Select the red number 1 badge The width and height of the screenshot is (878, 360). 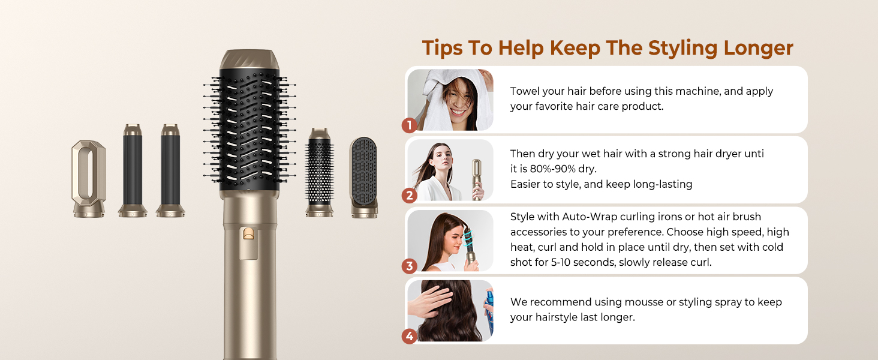pos(409,125)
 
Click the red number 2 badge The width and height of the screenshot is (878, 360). pos(409,195)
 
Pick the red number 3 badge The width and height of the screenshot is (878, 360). pos(409,266)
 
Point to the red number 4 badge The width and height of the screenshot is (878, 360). pos(409,336)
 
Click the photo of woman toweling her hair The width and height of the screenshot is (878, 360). pos(450,100)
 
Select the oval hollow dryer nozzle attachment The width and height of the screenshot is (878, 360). pos(89,179)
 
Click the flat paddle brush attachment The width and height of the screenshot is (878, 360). pos(364,177)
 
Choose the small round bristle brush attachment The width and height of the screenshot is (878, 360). pos(320,172)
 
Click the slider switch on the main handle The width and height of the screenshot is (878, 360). pos(248,234)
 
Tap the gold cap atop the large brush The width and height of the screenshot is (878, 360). pos(249,59)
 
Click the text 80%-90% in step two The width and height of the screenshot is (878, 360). pos(553,169)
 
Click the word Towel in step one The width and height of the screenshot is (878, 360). pos(525,91)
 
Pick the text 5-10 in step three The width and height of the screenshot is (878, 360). pos(561,262)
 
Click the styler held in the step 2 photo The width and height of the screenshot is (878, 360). pos(476,179)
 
